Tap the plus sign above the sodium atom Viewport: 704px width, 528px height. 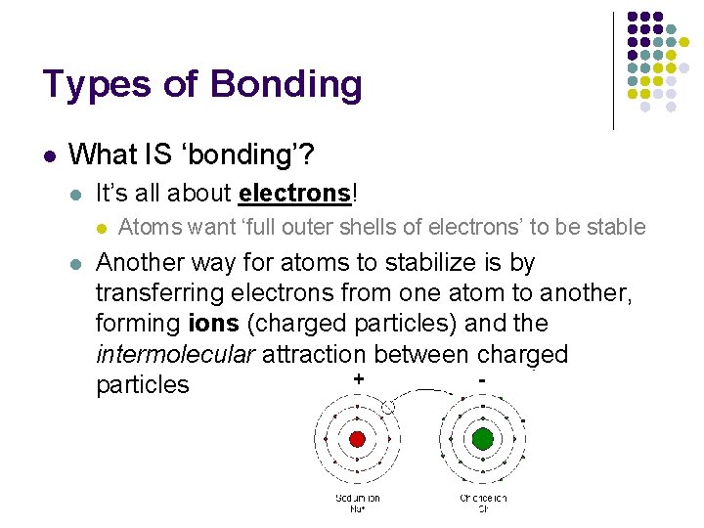click(x=359, y=378)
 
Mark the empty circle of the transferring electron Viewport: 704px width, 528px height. click(x=387, y=407)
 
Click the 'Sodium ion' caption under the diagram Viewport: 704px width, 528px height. click(x=357, y=503)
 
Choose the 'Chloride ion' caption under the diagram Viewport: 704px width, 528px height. click(x=482, y=503)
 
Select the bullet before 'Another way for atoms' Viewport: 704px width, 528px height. click(x=76, y=264)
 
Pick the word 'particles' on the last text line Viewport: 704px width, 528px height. click(x=142, y=385)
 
